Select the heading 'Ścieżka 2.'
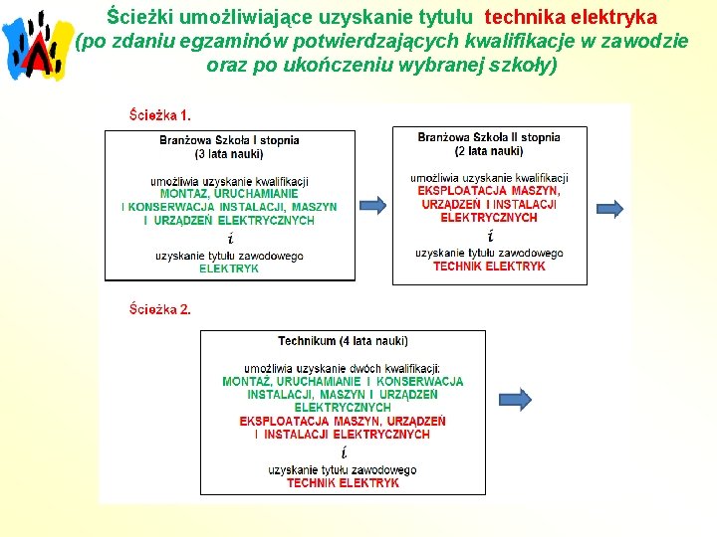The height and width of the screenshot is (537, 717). (160, 309)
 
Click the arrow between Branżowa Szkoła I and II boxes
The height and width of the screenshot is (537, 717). (372, 206)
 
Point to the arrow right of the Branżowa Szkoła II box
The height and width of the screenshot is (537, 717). (606, 209)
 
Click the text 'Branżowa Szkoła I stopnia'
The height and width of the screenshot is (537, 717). (229, 140)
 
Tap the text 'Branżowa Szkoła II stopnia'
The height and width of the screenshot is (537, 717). (489, 137)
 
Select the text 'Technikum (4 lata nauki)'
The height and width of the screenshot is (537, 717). (344, 341)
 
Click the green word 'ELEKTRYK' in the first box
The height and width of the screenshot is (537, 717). (229, 268)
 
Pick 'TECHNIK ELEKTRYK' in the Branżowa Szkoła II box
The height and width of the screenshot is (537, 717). (489, 267)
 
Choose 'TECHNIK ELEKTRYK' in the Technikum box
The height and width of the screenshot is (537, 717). (343, 483)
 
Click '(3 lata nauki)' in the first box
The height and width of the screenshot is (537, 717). (229, 154)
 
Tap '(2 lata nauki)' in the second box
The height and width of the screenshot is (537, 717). (489, 151)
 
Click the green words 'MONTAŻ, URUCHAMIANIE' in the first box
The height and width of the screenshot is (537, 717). (229, 194)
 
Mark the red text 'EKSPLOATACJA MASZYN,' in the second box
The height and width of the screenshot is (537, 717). (489, 191)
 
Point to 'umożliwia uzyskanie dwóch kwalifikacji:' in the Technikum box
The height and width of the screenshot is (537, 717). (343, 368)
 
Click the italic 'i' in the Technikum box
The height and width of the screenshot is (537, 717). (343, 452)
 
